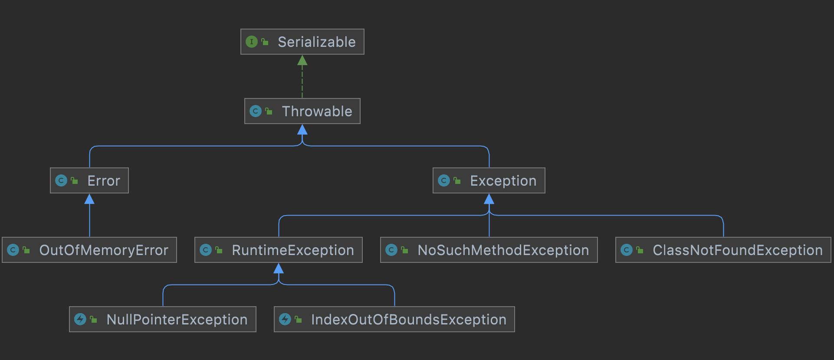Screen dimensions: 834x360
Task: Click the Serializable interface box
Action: pos(302,42)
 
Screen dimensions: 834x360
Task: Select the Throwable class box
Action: pos(302,111)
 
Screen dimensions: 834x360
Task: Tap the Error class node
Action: pos(89,180)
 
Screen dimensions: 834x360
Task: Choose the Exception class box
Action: pos(489,180)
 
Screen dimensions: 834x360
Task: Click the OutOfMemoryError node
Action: pos(89,250)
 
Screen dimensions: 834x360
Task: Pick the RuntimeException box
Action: pos(279,250)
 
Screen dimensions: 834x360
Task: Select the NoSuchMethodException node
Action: pos(489,250)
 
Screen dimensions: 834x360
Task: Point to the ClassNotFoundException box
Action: pos(723,250)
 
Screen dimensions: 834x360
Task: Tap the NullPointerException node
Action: pos(163,319)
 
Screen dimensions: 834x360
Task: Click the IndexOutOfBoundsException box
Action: pos(394,319)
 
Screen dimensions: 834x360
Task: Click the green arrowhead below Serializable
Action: pos(302,60)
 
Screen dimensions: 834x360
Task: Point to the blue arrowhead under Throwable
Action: pos(302,130)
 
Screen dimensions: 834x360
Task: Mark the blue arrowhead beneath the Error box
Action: pos(89,199)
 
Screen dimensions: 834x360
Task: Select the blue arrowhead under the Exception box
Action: pos(489,199)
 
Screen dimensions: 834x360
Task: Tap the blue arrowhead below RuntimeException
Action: pos(279,268)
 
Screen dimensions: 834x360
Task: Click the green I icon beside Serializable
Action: pos(252,42)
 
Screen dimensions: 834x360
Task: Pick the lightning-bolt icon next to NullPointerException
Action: pos(80,319)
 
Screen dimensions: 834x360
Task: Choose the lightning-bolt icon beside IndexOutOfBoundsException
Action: pos(285,319)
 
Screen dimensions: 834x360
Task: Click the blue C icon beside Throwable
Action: pos(256,111)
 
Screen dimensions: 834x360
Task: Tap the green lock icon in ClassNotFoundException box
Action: pos(640,250)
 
